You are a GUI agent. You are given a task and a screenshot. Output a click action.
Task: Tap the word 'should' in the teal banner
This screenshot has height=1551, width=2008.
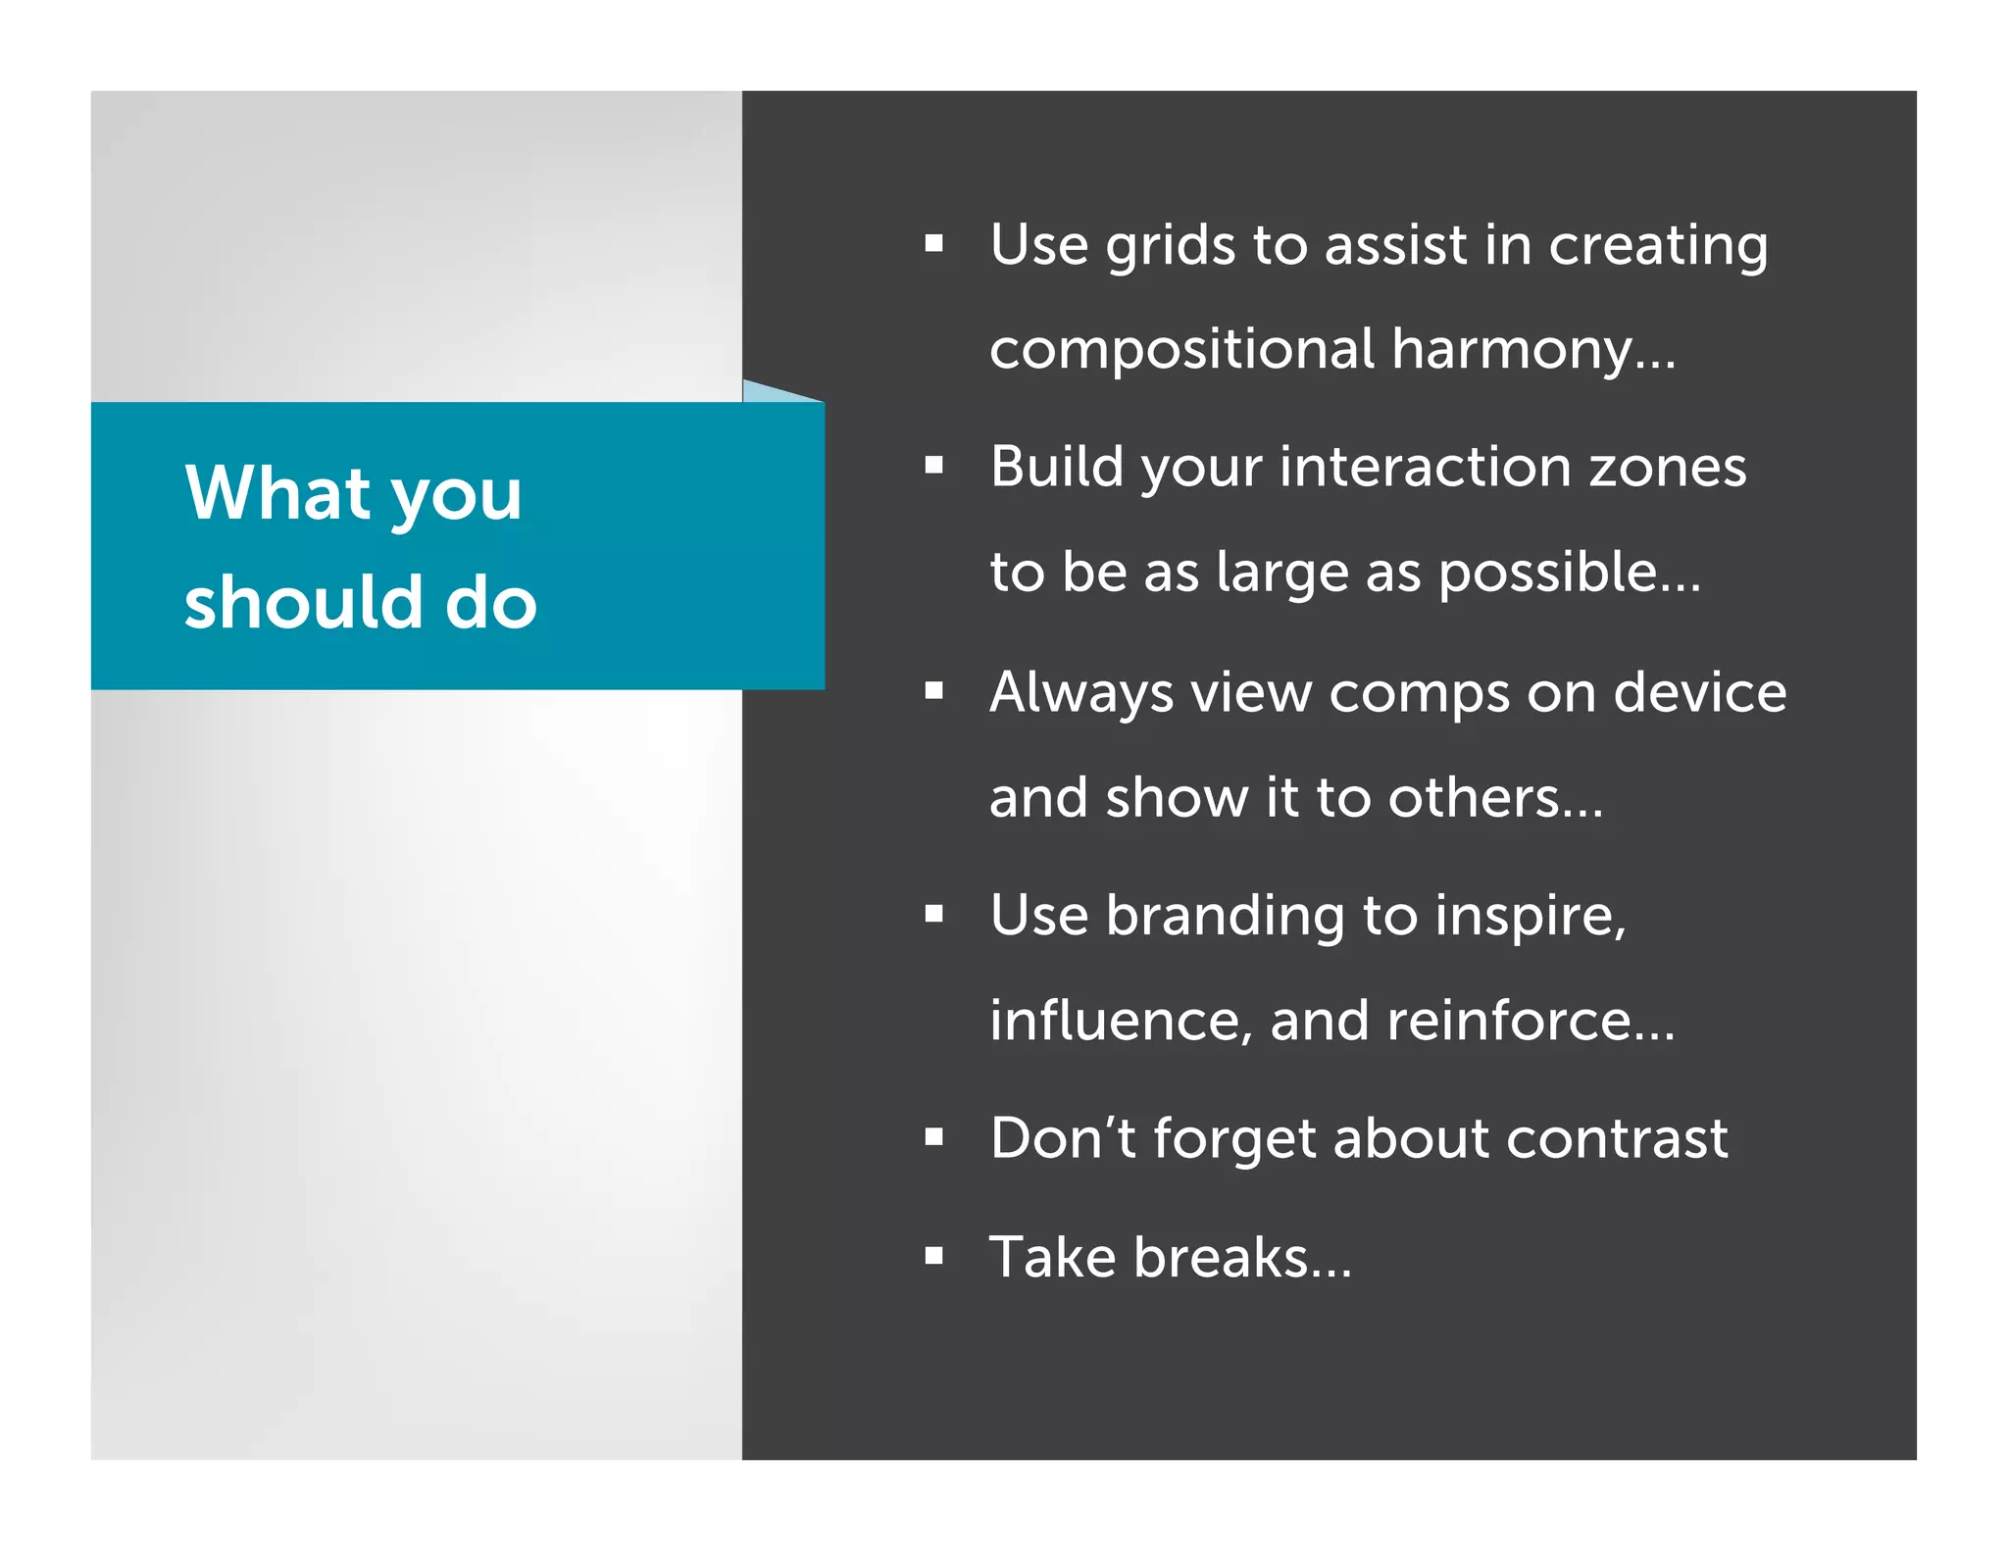[304, 602]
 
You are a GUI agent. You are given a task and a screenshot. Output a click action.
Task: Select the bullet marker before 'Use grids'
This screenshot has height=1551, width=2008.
[933, 243]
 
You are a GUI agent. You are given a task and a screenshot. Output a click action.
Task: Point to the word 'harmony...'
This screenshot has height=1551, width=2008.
[1533, 349]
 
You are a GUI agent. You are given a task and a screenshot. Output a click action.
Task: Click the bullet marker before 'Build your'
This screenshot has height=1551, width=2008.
[933, 466]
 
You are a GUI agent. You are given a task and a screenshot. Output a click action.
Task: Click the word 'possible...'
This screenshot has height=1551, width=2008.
[1569, 573]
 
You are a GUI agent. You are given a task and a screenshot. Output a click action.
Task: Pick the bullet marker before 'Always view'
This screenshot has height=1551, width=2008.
[933, 691]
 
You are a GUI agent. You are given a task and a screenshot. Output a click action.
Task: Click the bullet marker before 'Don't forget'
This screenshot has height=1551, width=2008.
[933, 1137]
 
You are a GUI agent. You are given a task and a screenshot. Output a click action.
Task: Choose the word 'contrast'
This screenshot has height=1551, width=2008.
[1617, 1139]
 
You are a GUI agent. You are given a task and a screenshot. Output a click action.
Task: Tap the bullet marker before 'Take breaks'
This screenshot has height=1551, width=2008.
[933, 1256]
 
